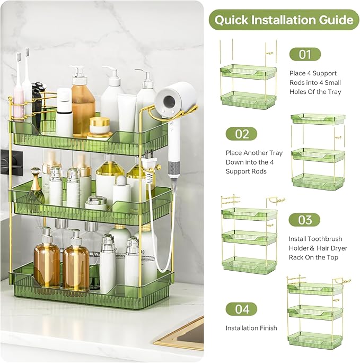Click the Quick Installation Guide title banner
284,20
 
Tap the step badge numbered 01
305,54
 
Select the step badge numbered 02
241,134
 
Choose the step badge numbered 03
305,220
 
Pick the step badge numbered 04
241,309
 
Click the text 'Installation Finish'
251,328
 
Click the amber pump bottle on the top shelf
83,103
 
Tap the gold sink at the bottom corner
183,334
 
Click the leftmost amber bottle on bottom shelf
47,263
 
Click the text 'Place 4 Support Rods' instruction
315,83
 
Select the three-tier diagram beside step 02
318,151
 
